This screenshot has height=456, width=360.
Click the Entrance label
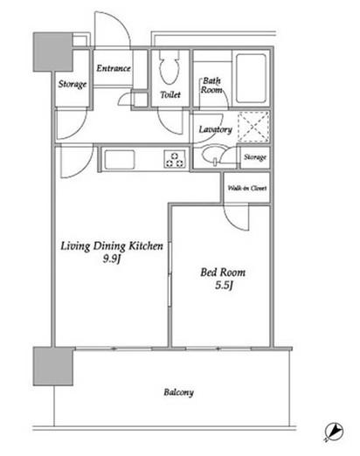(x=114, y=68)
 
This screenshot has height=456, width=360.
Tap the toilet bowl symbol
(x=169, y=68)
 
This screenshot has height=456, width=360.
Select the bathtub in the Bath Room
(x=251, y=78)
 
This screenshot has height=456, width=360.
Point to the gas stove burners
(x=175, y=160)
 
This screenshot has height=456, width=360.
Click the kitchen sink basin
(x=120, y=160)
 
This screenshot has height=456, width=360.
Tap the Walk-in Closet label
(x=247, y=188)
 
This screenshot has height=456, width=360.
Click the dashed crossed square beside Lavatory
(x=253, y=127)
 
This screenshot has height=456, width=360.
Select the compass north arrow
(x=334, y=432)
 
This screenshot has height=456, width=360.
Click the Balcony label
(x=178, y=392)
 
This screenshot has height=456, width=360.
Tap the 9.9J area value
(x=111, y=259)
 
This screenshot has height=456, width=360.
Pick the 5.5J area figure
(x=224, y=286)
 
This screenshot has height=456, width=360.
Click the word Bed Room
(x=223, y=273)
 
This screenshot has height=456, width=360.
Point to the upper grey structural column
(x=52, y=52)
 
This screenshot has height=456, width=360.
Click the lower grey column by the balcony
(x=53, y=366)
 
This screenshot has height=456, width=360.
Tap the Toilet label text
(x=170, y=94)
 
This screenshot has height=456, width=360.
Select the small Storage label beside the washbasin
(x=255, y=157)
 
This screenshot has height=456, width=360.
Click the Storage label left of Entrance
(x=73, y=84)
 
